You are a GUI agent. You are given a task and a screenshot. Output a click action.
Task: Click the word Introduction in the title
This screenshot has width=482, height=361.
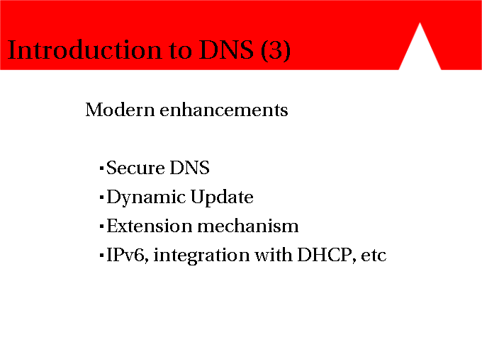(x=84, y=50)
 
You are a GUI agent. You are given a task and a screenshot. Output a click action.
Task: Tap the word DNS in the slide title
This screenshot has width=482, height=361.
(x=226, y=50)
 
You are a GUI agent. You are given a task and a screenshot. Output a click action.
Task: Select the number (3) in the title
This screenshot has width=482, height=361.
(x=276, y=50)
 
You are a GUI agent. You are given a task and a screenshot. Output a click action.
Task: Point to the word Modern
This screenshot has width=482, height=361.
(x=120, y=110)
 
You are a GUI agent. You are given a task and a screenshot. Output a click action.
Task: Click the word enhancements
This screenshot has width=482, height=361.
(x=224, y=110)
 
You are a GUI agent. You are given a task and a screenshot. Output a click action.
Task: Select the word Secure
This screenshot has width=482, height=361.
(x=135, y=168)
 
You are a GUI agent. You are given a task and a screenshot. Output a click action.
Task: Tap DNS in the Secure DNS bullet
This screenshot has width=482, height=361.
(x=189, y=168)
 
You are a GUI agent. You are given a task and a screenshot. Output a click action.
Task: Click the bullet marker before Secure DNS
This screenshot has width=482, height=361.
(x=102, y=168)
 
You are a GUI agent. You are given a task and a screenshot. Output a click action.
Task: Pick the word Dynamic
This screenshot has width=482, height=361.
(x=146, y=197)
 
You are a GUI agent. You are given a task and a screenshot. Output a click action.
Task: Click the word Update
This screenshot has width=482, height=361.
(x=222, y=197)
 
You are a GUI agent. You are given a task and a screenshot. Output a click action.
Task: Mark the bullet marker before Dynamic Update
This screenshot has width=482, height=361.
(x=102, y=197)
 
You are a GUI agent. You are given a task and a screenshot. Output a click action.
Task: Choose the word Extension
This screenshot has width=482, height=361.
(x=150, y=226)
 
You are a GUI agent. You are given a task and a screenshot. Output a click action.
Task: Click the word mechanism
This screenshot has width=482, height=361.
(x=248, y=226)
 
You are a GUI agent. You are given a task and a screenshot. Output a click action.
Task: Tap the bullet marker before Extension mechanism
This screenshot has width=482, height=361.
(x=102, y=227)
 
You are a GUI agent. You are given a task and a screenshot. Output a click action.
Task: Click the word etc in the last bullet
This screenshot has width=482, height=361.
(x=374, y=256)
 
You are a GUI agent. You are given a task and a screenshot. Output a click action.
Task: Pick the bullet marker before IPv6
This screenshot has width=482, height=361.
(x=102, y=256)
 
